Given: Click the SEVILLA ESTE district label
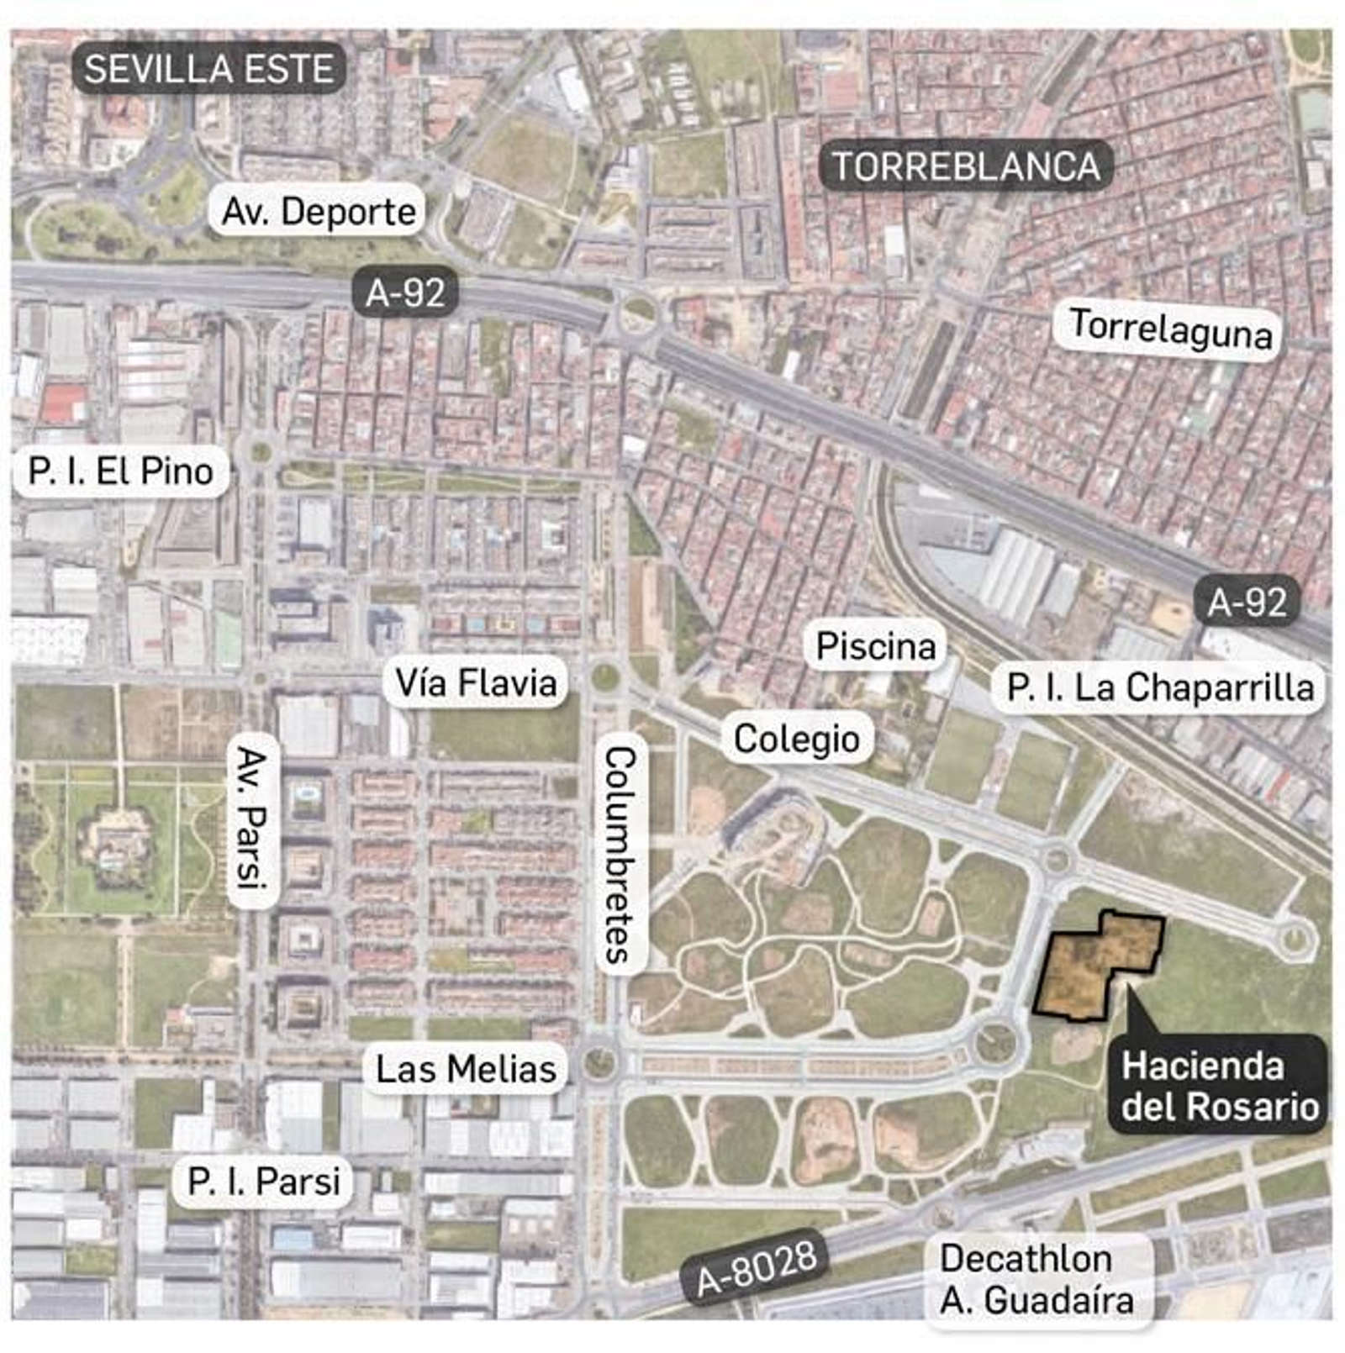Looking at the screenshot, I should pyautogui.click(x=208, y=69).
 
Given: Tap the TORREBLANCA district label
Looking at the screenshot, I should pyautogui.click(x=965, y=166).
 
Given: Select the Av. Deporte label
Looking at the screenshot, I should pyautogui.click(x=318, y=211).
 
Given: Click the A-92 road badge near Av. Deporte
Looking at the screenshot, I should pyautogui.click(x=405, y=292).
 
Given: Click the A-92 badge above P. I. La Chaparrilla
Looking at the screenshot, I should pyautogui.click(x=1247, y=602).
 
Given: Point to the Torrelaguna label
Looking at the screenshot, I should pyautogui.click(x=1169, y=329).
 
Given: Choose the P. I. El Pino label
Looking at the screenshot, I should pyautogui.click(x=120, y=471).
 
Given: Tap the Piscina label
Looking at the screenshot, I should pyautogui.click(x=876, y=646).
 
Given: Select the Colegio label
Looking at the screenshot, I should pyautogui.click(x=796, y=740).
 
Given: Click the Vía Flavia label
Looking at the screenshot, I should pyautogui.click(x=476, y=682).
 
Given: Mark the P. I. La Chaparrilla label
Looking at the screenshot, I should pyautogui.click(x=1159, y=687).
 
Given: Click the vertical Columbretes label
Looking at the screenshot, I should pyautogui.click(x=620, y=853).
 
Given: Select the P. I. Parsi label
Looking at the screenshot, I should pyautogui.click(x=264, y=1181).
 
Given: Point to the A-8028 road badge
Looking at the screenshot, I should pyautogui.click(x=757, y=1268).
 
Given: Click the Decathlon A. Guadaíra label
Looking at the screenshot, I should pyautogui.click(x=1036, y=1279).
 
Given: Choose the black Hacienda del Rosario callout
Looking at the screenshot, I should pyautogui.click(x=1219, y=1086).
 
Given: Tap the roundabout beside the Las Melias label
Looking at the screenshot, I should pyautogui.click(x=599, y=1063).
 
